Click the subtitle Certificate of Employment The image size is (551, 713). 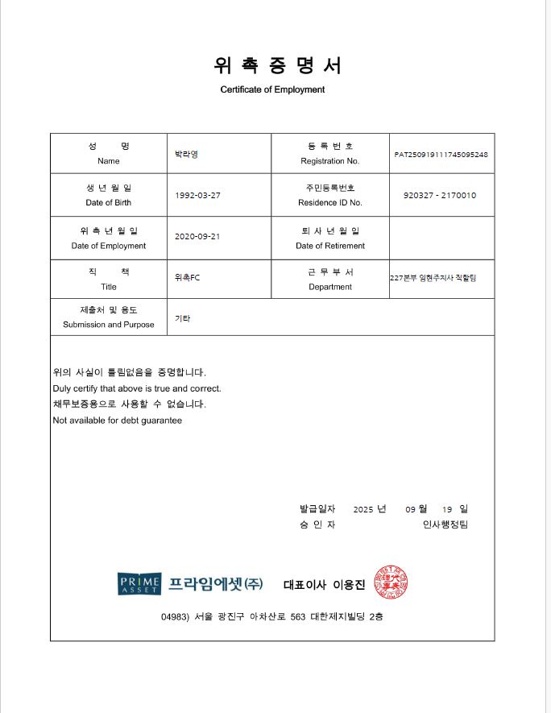[x=272, y=89]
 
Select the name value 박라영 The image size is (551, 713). [x=186, y=153]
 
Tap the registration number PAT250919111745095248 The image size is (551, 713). [x=441, y=154]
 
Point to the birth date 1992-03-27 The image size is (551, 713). [x=197, y=195]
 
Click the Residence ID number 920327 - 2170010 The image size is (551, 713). [x=440, y=195]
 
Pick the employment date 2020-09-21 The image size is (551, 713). [x=197, y=237]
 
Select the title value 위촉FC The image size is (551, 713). [x=187, y=278]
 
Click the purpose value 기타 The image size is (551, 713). [x=182, y=318]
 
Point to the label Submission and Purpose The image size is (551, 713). [x=108, y=325]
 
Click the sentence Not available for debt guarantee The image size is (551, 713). [x=117, y=421]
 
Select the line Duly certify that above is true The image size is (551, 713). [x=136, y=388]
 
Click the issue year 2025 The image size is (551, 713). [x=363, y=509]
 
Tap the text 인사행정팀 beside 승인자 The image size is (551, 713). [x=445, y=525]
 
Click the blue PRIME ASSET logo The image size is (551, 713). [x=139, y=584]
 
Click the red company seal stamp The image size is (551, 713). [x=390, y=582]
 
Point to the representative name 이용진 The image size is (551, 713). [x=349, y=585]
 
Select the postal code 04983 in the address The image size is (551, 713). [x=174, y=616]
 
